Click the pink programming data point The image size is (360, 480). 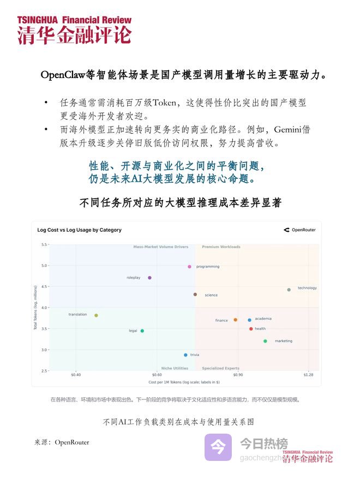coord(189,267)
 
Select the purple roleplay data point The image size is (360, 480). coord(149,278)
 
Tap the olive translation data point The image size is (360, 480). coord(96,315)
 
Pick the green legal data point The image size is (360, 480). coord(142,331)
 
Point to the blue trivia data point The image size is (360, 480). coord(185,355)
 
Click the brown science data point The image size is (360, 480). coord(195,295)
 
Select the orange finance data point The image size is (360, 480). coord(235,320)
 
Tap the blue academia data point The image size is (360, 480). coord(249,320)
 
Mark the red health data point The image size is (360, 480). coord(251,329)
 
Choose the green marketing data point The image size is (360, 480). coord(265,341)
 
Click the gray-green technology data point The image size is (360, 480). coord(289,290)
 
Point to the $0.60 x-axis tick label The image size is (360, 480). coord(157,375)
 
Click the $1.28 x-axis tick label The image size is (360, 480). coord(309,375)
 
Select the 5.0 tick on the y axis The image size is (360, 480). coord(44,266)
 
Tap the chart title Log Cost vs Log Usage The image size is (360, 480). coord(79,230)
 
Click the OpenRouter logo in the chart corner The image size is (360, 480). coord(299,230)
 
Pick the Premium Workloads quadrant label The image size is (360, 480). coord(221,247)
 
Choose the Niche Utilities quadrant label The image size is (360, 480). coord(175,368)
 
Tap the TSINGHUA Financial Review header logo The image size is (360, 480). coord(74,29)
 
